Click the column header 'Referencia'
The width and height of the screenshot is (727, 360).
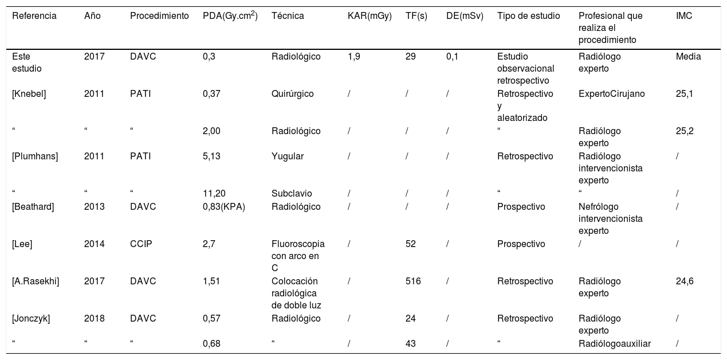(x=34, y=16)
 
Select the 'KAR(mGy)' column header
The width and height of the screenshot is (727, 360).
(x=370, y=16)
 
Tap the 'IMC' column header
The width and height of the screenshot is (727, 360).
(x=684, y=16)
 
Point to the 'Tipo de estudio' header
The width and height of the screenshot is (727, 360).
(x=528, y=16)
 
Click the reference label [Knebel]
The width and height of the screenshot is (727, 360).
(x=29, y=94)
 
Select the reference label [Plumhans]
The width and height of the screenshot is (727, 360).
(x=34, y=156)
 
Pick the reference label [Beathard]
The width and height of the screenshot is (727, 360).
(x=33, y=207)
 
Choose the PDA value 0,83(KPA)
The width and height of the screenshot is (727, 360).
(x=223, y=207)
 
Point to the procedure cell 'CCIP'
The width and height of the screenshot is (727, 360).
(x=141, y=244)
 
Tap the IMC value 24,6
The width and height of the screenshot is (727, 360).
(x=685, y=281)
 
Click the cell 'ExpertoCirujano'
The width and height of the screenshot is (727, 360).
(x=611, y=94)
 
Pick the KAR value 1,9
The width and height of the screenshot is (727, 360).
(x=353, y=57)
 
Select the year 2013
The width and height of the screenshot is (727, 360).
(x=94, y=207)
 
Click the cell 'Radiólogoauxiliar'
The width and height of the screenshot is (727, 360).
(x=615, y=344)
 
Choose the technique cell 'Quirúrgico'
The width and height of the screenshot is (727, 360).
(x=292, y=94)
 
